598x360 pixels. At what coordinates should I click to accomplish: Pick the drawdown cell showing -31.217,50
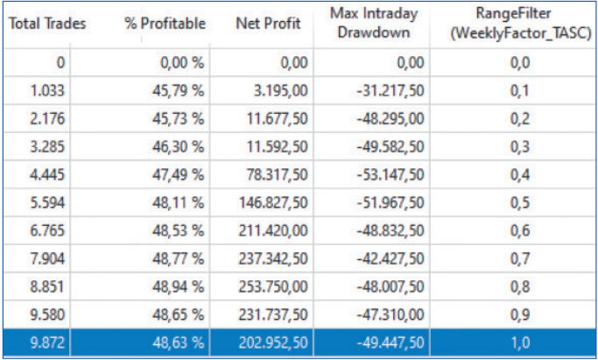tap(391, 89)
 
